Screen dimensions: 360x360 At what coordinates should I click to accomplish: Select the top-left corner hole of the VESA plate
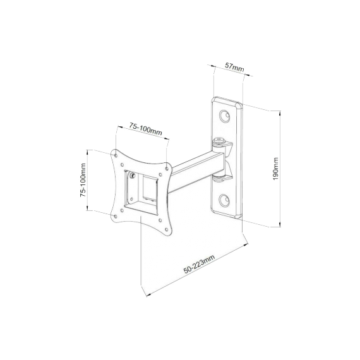(116, 153)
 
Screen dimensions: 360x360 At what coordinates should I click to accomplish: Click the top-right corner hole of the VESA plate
(168, 167)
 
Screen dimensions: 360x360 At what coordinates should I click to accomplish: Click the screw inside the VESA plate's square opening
(133, 177)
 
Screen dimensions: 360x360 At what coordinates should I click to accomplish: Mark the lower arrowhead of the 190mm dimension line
(280, 225)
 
